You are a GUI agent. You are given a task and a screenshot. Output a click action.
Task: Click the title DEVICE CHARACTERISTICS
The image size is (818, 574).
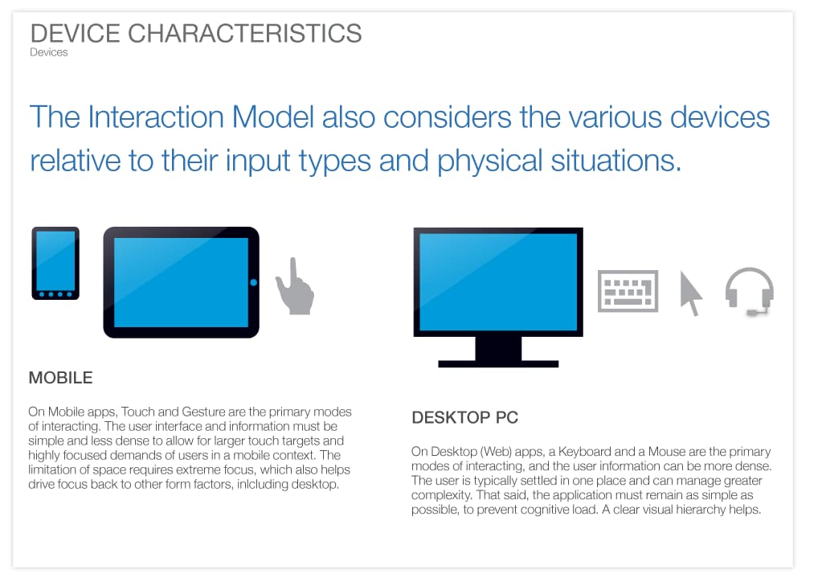pyautogui.click(x=195, y=34)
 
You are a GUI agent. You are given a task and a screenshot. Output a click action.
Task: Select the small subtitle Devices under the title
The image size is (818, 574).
pyautogui.click(x=48, y=53)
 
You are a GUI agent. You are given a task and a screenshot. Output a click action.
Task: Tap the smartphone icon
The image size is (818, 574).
pyautogui.click(x=55, y=263)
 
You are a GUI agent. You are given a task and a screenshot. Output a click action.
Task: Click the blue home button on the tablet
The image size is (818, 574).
pyautogui.click(x=253, y=282)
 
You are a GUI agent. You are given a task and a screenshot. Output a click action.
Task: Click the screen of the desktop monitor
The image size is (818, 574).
pyautogui.click(x=497, y=281)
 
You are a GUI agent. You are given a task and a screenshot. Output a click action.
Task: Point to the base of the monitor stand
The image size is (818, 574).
pyautogui.click(x=497, y=363)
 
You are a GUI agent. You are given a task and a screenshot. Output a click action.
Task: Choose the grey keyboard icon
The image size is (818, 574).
pyautogui.click(x=628, y=290)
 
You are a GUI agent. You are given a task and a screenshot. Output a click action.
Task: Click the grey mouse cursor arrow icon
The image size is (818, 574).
pyautogui.click(x=690, y=293)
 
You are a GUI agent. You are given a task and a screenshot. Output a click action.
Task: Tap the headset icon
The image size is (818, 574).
pyautogui.click(x=749, y=290)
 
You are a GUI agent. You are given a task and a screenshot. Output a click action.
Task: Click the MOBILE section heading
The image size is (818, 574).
pyautogui.click(x=60, y=378)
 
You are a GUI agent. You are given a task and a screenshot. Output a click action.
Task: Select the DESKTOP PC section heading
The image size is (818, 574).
pyautogui.click(x=464, y=418)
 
